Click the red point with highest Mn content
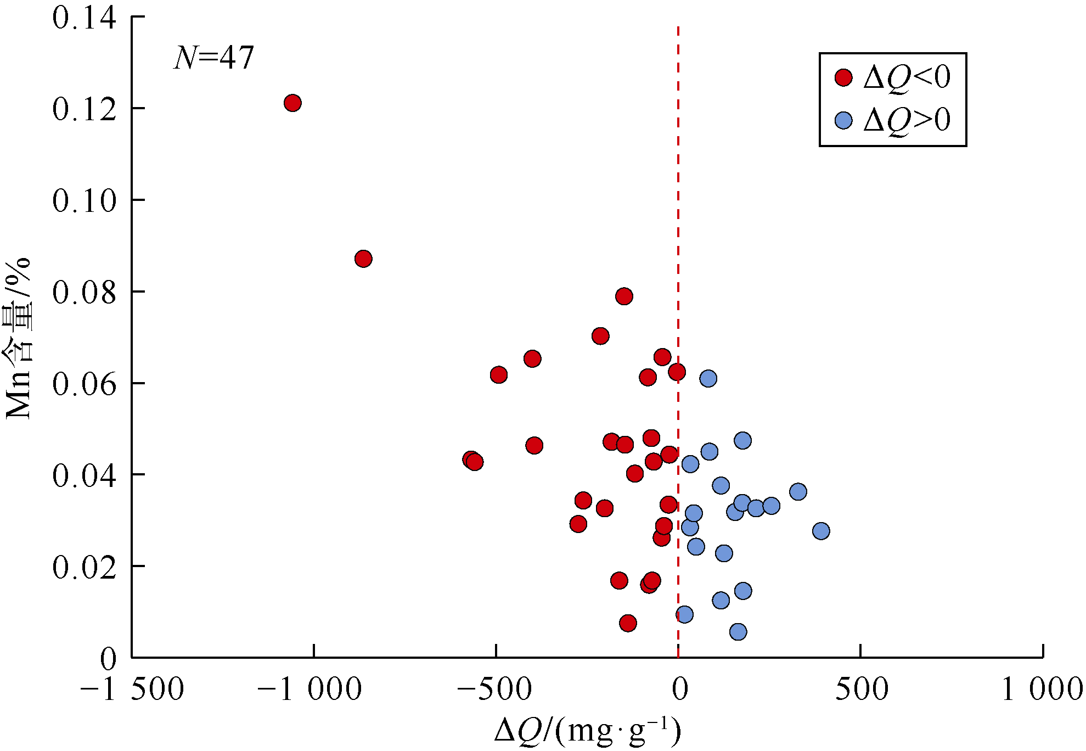pyautogui.click(x=292, y=103)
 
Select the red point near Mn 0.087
pyautogui.click(x=363, y=259)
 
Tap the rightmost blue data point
pyautogui.click(x=821, y=531)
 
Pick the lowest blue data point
pyautogui.click(x=738, y=632)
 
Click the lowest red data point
pyautogui.click(x=628, y=623)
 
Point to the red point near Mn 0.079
pyautogui.click(x=624, y=296)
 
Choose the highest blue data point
pyautogui.click(x=708, y=378)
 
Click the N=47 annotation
pyautogui.click(x=214, y=58)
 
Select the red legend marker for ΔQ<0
pyautogui.click(x=843, y=77)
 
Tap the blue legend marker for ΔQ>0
pyautogui.click(x=843, y=120)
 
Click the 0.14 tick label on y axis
pyautogui.click(x=85, y=18)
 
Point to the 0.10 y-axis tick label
pyautogui.click(x=85, y=200)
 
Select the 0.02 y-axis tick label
pyautogui.click(x=85, y=567)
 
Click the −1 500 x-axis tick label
pyautogui.click(x=132, y=690)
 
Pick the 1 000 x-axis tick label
pyautogui.click(x=1042, y=690)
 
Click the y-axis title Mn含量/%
pyautogui.click(x=19, y=338)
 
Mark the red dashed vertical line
pyautogui.click(x=678, y=220)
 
